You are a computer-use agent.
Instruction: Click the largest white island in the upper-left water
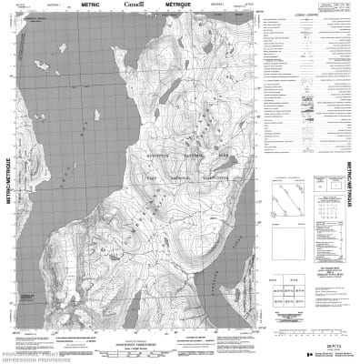pyautogui.click(x=38, y=64)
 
